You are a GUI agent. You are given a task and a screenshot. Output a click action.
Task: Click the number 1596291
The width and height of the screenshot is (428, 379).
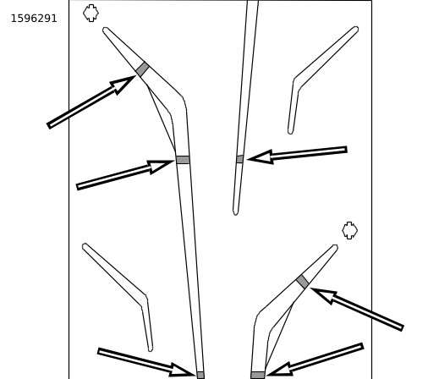tap(34, 19)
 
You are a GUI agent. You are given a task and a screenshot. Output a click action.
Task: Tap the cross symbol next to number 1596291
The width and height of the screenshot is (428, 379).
tap(91, 13)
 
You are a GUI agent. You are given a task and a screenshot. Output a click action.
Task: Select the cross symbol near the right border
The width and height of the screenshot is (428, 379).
tap(349, 230)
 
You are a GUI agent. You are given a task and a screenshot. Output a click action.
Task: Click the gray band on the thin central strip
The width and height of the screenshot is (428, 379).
tap(239, 159)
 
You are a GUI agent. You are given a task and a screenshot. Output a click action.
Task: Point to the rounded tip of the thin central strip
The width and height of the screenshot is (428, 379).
tap(236, 214)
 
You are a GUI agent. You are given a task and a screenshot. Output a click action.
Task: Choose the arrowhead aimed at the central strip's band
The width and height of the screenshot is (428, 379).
tap(261, 157)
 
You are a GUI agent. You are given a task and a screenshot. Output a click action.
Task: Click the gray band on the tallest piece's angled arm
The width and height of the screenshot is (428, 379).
tap(142, 69)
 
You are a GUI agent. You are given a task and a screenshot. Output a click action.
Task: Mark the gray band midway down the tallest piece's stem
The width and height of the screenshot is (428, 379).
tap(183, 160)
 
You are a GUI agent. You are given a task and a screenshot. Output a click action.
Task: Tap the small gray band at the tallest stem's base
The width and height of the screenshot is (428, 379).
tap(200, 376)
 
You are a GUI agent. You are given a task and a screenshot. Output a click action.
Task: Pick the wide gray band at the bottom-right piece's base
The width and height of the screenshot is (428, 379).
tap(258, 376)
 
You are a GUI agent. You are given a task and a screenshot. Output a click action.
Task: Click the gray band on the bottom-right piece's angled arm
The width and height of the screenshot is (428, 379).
tap(303, 282)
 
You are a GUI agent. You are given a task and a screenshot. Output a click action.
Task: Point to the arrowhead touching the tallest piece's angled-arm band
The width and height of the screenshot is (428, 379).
tap(123, 84)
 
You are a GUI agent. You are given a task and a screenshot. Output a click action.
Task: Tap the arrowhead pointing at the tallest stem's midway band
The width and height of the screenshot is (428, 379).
tap(160, 167)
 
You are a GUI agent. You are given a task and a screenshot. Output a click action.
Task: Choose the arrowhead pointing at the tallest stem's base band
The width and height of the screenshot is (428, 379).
tap(182, 371)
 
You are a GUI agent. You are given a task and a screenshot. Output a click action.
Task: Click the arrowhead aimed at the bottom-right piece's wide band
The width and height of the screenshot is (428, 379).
tap(279, 370)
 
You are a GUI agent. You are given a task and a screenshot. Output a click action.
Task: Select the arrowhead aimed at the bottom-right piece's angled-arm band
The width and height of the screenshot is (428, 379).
tap(324, 295)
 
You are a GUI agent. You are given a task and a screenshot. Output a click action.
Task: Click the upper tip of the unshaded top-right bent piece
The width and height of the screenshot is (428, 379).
tap(356, 29)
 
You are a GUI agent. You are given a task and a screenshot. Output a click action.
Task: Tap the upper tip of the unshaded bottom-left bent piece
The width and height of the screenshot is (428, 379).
tap(85, 245)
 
